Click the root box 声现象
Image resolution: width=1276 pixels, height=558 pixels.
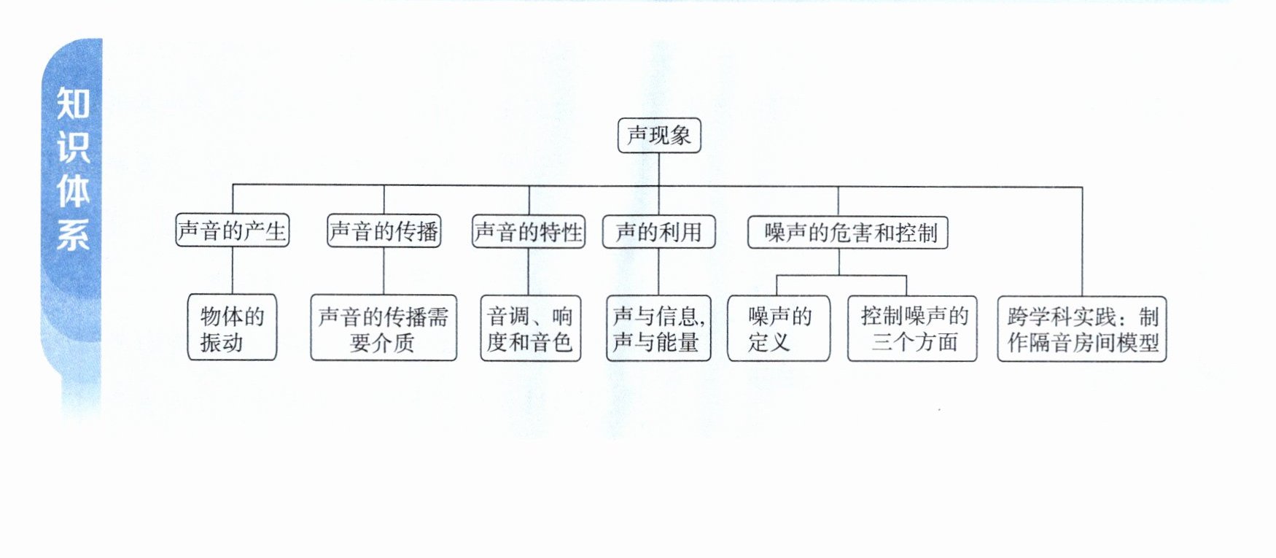tap(659, 136)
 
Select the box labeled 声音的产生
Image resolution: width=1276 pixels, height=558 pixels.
tap(233, 231)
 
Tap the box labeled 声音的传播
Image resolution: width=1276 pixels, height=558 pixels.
tap(384, 231)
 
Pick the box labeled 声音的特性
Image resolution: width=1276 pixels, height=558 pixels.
tap(529, 232)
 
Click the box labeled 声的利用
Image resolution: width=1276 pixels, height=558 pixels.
tap(658, 232)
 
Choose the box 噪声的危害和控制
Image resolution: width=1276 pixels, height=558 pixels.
tap(848, 233)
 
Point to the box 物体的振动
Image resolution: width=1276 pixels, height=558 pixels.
tap(232, 328)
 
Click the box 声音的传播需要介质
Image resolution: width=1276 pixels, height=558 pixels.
tap(384, 328)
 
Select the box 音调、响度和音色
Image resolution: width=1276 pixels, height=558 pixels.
tap(530, 328)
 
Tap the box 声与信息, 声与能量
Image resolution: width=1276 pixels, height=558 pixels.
tap(658, 328)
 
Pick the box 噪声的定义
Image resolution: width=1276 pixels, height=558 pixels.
tap(779, 328)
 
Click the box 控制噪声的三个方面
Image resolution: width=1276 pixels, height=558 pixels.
tap(912, 329)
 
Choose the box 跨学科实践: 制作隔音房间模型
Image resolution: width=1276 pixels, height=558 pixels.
tap(1082, 329)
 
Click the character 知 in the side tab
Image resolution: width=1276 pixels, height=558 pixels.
tap(72, 103)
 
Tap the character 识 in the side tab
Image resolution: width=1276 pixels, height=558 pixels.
tap(72, 147)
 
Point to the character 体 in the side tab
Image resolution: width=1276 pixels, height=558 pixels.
tap(72, 190)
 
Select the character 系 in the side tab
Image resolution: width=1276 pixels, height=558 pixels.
tap(72, 234)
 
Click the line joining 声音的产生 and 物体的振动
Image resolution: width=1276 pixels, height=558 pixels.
tap(233, 271)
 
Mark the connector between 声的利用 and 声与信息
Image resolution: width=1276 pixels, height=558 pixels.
tap(658, 272)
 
